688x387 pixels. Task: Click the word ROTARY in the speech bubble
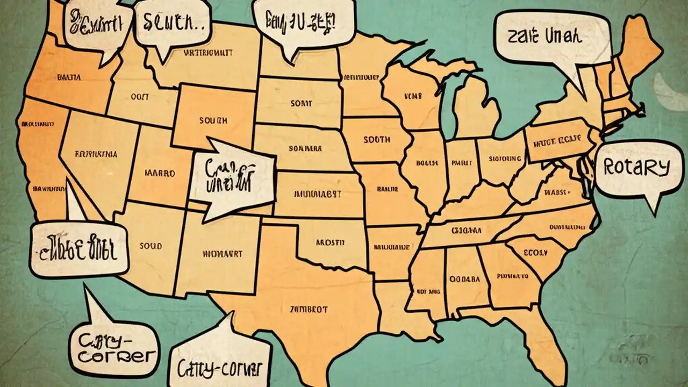636,168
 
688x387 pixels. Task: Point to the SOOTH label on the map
376,140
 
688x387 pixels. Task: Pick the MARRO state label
160,174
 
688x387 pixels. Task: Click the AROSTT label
330,242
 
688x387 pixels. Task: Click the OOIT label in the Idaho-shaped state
140,97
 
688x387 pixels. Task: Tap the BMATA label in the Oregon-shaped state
69,77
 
